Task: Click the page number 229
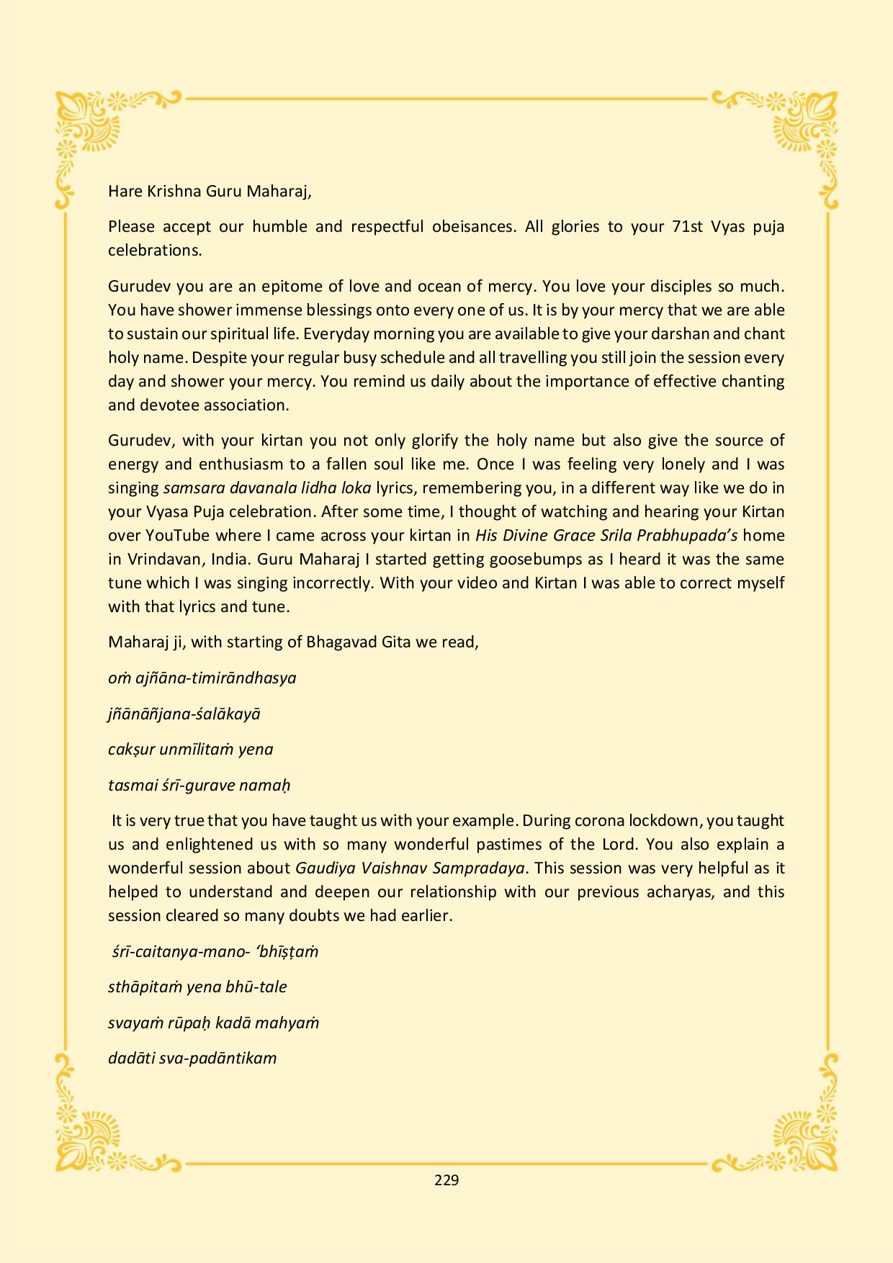(447, 1179)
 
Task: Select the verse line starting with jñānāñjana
(184, 714)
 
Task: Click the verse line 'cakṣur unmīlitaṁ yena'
(191, 749)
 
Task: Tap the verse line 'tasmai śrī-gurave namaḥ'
(199, 785)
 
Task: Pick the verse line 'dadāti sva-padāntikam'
(192, 1058)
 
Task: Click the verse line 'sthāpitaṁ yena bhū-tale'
(197, 986)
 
